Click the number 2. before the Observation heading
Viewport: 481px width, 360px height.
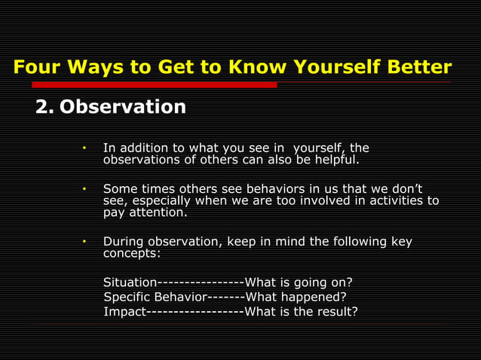[44, 107]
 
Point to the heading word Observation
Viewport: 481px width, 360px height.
[123, 107]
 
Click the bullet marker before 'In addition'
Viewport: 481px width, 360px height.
[85, 148]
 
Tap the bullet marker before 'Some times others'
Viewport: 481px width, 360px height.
[85, 188]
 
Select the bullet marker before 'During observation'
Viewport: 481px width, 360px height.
[85, 241]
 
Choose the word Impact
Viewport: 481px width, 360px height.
[124, 311]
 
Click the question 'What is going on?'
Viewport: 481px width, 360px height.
[299, 282]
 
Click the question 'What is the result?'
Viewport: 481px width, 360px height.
[302, 311]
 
